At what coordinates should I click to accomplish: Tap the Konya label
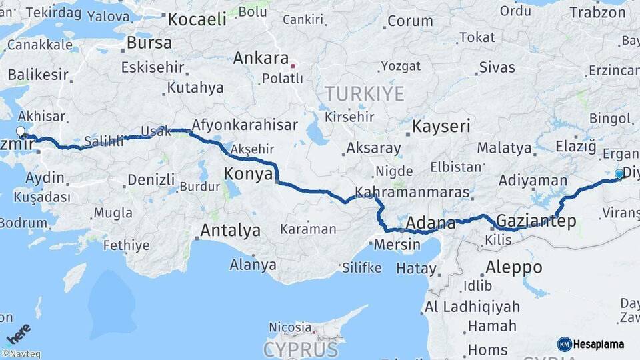(248, 174)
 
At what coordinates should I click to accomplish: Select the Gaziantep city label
(536, 221)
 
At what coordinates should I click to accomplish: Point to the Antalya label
(231, 231)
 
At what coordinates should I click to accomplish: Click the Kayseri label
(441, 126)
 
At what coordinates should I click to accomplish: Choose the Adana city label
(430, 223)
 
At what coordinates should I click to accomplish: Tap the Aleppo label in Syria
(513, 267)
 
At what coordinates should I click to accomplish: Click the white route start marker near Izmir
(21, 132)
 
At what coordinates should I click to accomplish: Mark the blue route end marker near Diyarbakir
(619, 174)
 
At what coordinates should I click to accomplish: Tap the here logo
(18, 333)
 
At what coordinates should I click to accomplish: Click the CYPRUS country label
(301, 349)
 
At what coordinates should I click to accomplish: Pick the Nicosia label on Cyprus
(290, 327)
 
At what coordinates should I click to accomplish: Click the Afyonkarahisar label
(245, 125)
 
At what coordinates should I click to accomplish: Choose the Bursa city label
(149, 43)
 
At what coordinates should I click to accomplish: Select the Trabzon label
(598, 12)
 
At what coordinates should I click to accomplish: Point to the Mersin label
(397, 245)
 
